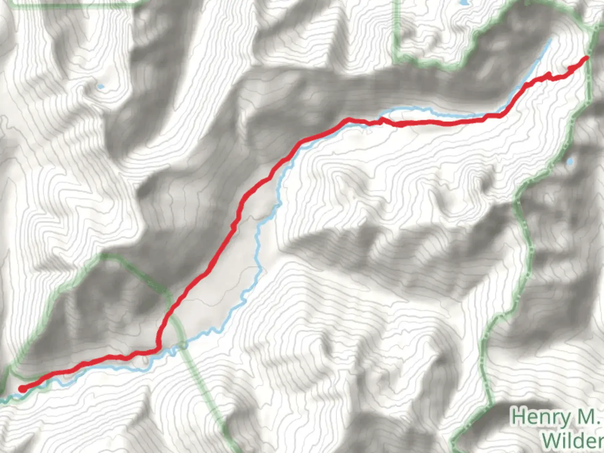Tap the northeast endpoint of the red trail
[586, 57]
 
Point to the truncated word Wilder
[573, 440]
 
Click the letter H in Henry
[519, 417]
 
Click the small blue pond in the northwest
[101, 87]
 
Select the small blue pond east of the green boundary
[570, 161]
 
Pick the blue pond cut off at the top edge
[463, 3]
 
